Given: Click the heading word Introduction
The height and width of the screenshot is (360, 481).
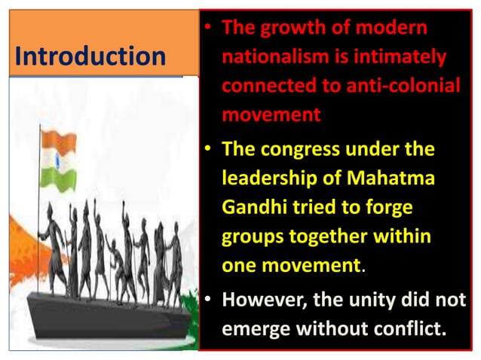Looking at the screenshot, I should [90, 56].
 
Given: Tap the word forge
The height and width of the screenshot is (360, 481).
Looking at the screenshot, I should [392, 208].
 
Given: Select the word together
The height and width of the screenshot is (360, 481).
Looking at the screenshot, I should [336, 237].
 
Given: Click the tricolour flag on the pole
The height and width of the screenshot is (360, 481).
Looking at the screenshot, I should [58, 158].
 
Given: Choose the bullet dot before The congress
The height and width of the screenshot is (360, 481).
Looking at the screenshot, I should [207, 150].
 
